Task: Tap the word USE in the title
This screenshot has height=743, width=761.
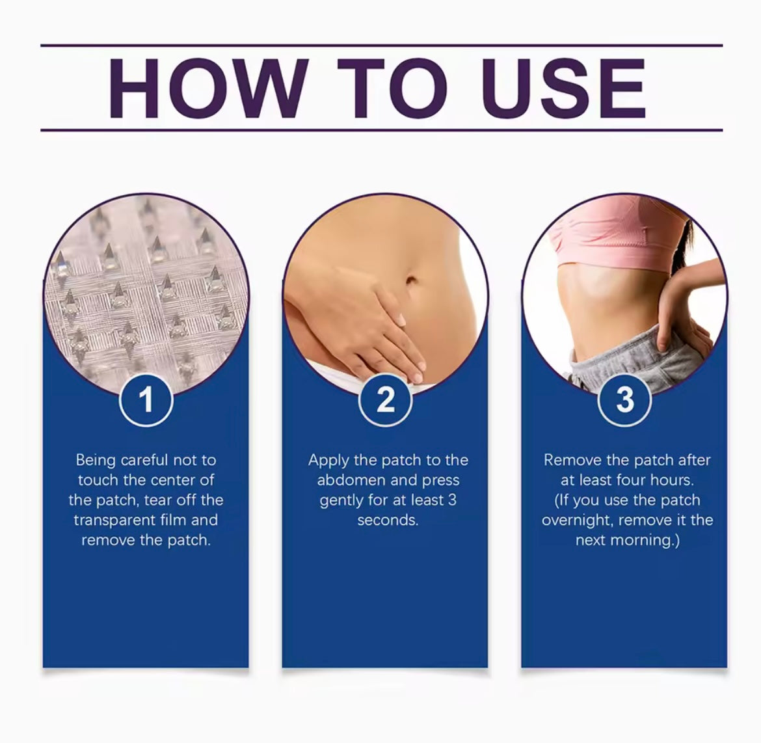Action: (x=563, y=88)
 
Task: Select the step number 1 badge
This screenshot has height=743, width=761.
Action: (x=146, y=399)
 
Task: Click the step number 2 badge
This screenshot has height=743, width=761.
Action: (x=385, y=399)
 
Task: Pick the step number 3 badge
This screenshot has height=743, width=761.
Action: (x=624, y=399)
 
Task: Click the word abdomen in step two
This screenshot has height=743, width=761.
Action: (x=350, y=481)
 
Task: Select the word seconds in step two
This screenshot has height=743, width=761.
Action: (x=388, y=520)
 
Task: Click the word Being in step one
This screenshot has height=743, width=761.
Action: (x=96, y=461)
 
